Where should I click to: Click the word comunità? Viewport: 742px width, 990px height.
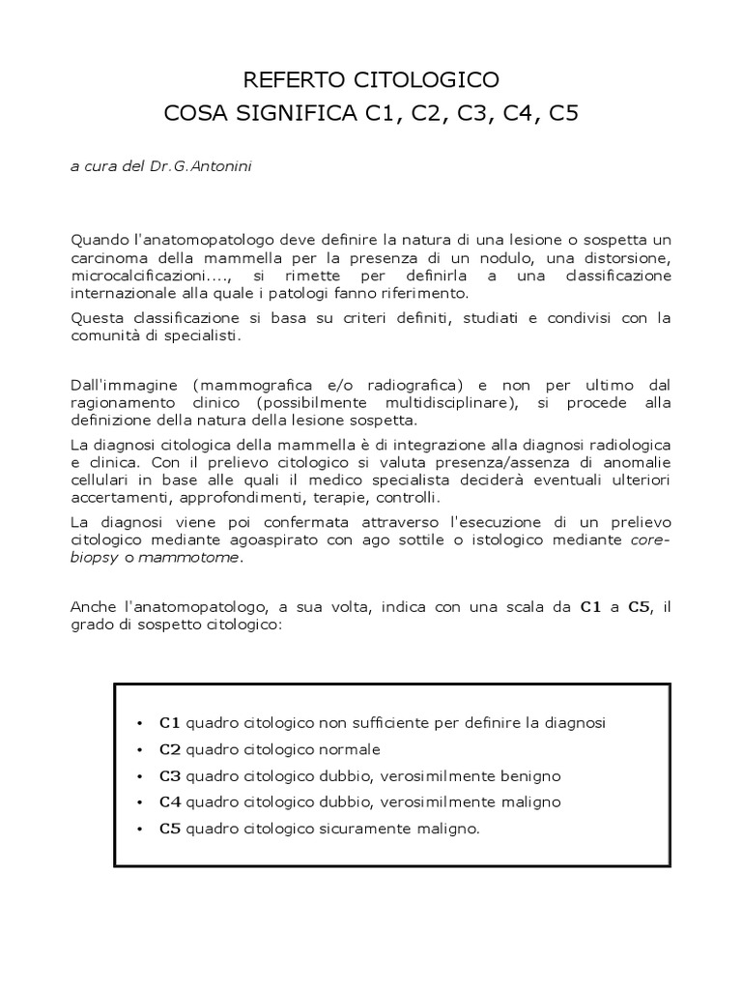(x=105, y=336)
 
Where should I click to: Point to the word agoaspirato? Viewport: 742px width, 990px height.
(x=284, y=540)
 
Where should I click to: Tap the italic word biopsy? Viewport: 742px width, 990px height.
(x=93, y=558)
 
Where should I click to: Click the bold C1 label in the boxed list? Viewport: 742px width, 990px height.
(x=170, y=723)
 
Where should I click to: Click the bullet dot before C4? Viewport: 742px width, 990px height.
(x=141, y=803)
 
